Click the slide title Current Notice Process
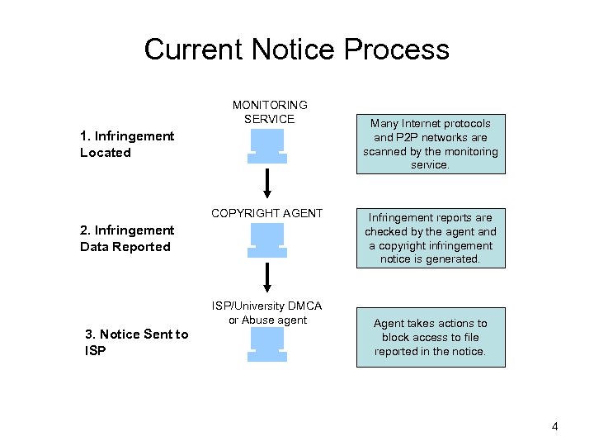tap(297, 50)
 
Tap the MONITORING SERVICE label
tap(269, 111)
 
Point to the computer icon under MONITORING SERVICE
tap(267, 147)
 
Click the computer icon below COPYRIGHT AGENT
tap(267, 241)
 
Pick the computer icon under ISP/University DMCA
tap(267, 344)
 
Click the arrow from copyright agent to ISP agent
tap(268, 277)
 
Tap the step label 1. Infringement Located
tap(126, 144)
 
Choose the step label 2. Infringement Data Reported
tap(126, 238)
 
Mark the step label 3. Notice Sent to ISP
tap(136, 342)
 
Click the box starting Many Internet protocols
tap(430, 144)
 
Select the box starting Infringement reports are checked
tap(430, 239)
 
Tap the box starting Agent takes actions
tap(430, 337)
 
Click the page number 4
tap(554, 426)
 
